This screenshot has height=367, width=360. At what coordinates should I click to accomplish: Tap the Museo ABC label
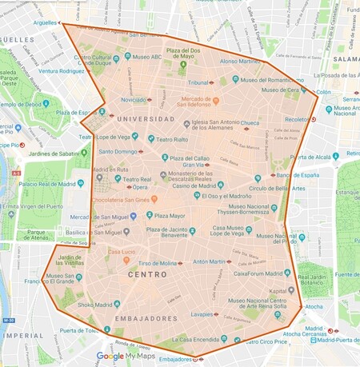148,58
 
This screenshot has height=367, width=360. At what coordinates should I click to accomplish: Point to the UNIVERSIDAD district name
122,118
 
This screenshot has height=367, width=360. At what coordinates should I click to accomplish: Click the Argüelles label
34,23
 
